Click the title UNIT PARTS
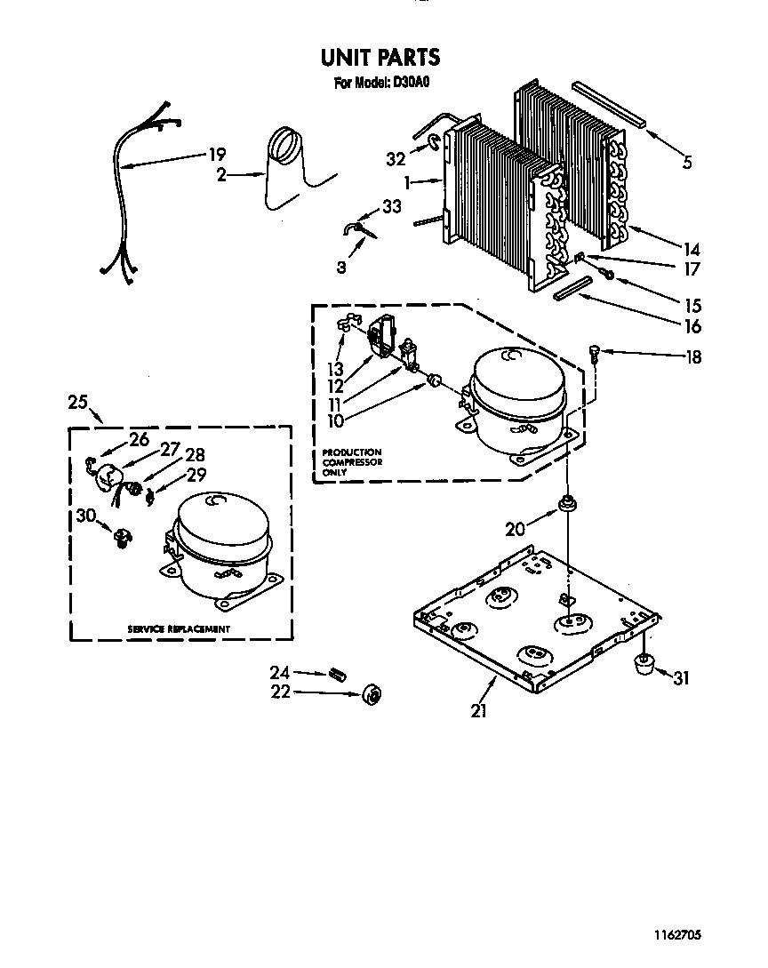pyautogui.click(x=380, y=59)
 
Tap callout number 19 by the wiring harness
pyautogui.click(x=217, y=155)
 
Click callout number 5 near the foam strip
pyautogui.click(x=687, y=163)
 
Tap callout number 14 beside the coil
pyautogui.click(x=692, y=250)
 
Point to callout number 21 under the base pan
pyautogui.click(x=479, y=711)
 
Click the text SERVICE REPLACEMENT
pyautogui.click(x=179, y=628)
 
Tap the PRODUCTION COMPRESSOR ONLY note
pyautogui.click(x=352, y=462)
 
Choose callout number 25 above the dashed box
pyautogui.click(x=77, y=402)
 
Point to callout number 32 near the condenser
pyautogui.click(x=396, y=159)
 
